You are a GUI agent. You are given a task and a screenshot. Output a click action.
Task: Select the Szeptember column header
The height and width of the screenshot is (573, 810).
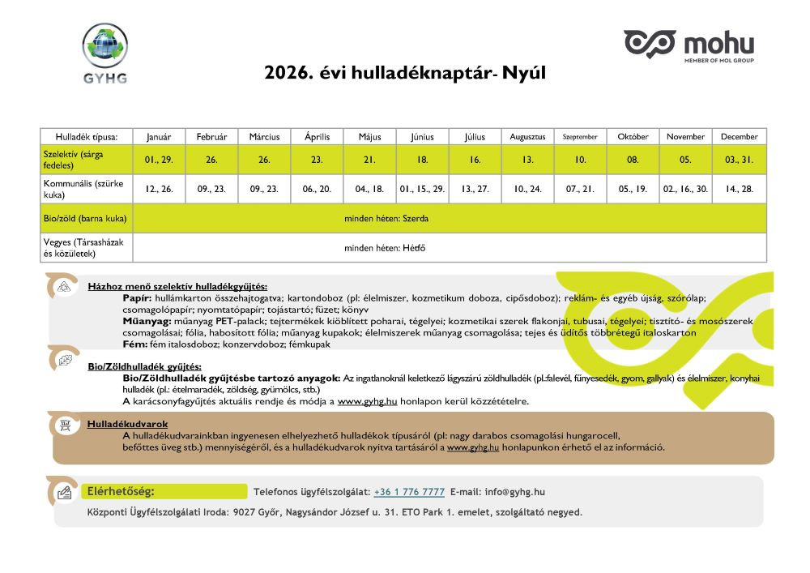(581, 137)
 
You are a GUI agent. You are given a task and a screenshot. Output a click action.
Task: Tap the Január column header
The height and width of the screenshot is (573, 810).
(160, 137)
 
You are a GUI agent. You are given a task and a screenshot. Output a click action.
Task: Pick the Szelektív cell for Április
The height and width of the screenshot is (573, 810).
(318, 160)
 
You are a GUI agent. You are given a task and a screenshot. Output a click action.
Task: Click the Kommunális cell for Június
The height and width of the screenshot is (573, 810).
(423, 189)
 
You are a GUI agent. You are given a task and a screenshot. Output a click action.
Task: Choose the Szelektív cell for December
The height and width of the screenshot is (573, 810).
(740, 160)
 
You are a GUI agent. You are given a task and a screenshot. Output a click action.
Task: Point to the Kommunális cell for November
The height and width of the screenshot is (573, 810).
(686, 189)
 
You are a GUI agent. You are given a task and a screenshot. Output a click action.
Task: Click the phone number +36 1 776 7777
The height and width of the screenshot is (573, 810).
(409, 492)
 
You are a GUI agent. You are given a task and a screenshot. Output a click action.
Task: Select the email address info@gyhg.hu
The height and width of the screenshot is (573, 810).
(514, 492)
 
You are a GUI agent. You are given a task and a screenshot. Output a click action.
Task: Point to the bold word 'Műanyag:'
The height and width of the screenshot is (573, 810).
(147, 322)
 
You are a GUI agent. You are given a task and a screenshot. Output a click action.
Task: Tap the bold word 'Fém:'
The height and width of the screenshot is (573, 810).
(134, 344)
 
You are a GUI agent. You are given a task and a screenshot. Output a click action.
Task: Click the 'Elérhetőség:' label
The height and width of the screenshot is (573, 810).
(120, 491)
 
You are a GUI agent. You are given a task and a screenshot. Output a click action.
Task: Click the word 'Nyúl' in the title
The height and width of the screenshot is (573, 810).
(525, 74)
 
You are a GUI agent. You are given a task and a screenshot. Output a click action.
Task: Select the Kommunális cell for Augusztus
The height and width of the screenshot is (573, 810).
(528, 189)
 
